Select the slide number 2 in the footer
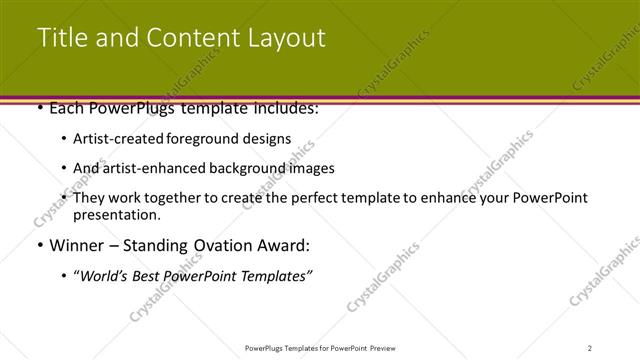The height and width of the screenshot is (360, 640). [x=590, y=347]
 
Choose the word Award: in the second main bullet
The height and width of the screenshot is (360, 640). [x=286, y=244]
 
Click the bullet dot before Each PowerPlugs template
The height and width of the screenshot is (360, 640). [x=39, y=107]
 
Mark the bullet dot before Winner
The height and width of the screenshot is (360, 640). [x=39, y=244]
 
